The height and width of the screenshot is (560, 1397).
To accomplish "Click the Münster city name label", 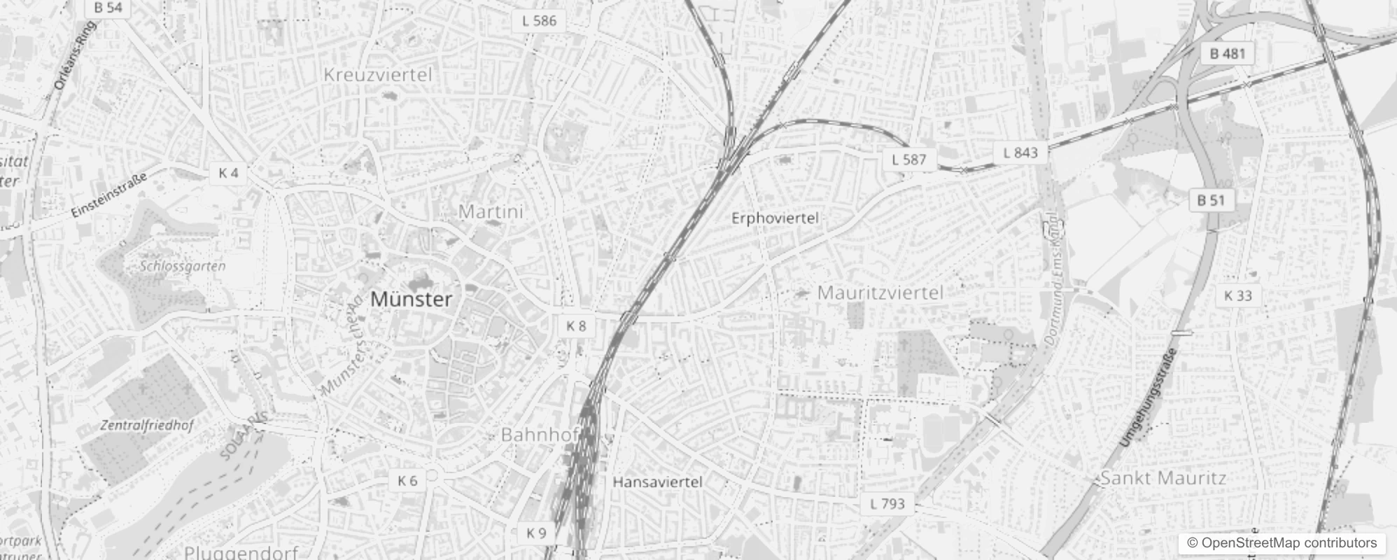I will click(411, 300).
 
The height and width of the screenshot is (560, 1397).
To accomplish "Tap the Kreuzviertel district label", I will click(378, 75).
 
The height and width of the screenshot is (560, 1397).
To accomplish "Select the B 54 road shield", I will click(108, 8).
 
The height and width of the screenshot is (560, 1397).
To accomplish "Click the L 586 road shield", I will click(540, 20).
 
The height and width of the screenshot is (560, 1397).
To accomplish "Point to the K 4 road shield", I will click(228, 173).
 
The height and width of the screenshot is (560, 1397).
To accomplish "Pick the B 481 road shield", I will click(1227, 53).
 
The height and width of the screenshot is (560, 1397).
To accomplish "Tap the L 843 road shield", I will click(1020, 153).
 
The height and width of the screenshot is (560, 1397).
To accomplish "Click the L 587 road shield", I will click(909, 160).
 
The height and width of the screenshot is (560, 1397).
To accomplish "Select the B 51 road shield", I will click(1212, 201).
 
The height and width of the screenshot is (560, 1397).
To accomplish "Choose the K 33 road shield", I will click(1238, 295).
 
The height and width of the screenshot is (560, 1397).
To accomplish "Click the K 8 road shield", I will click(576, 325).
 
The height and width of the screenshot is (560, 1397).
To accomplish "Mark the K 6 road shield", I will click(407, 480).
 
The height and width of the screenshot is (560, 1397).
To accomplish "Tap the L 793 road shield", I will click(887, 503).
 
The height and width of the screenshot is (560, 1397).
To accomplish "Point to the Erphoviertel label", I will click(775, 218).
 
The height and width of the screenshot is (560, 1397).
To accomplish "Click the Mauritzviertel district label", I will click(880, 293).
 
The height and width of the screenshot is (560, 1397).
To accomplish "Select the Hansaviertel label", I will click(657, 482).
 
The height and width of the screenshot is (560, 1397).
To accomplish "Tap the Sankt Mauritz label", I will click(1163, 479).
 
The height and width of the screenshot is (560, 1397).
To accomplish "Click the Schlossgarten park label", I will click(183, 266).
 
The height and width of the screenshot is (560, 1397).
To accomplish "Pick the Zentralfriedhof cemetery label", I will click(147, 426).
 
